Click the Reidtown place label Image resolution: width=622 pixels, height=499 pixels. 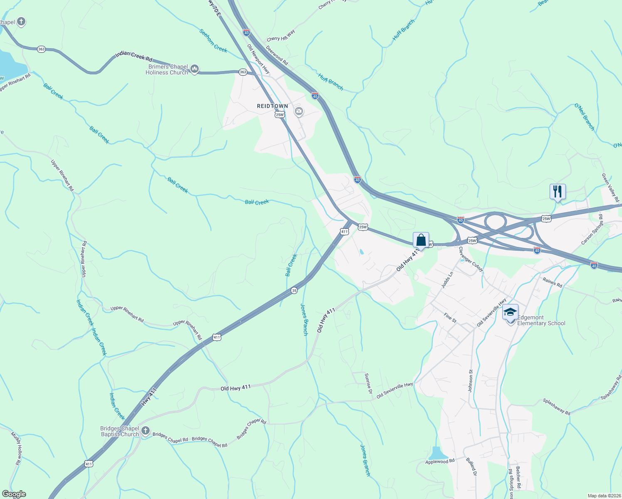pyautogui.click(x=272, y=106)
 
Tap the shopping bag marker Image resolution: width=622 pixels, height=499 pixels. pyautogui.click(x=421, y=240)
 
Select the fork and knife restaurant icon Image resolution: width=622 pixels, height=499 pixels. pyautogui.click(x=558, y=192)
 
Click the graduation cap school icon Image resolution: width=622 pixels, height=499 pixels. pyautogui.click(x=510, y=312)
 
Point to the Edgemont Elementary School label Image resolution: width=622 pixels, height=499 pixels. pyautogui.click(x=541, y=320)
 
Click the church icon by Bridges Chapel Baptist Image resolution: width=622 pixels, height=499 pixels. pyautogui.click(x=145, y=431)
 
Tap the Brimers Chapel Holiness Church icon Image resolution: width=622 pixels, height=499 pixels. pyautogui.click(x=194, y=69)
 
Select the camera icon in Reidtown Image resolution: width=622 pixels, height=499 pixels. pyautogui.click(x=299, y=111)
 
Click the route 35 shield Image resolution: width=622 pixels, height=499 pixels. pyautogui.click(x=294, y=291)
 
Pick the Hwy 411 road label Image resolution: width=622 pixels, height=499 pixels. pyautogui.click(x=149, y=397)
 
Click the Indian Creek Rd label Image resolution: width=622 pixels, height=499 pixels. pyautogui.click(x=134, y=57)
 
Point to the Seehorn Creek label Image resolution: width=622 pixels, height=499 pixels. pyautogui.click(x=213, y=41)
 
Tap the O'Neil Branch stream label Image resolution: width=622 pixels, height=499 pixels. pyautogui.click(x=585, y=117)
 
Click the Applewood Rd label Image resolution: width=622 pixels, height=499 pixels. pyautogui.click(x=440, y=462)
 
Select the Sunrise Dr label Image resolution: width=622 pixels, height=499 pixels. pyautogui.click(x=368, y=383)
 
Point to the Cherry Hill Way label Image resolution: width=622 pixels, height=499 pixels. pyautogui.click(x=281, y=36)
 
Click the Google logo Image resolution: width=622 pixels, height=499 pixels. pyautogui.click(x=14, y=494)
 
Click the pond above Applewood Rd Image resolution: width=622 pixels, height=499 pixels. pyautogui.click(x=436, y=453)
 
